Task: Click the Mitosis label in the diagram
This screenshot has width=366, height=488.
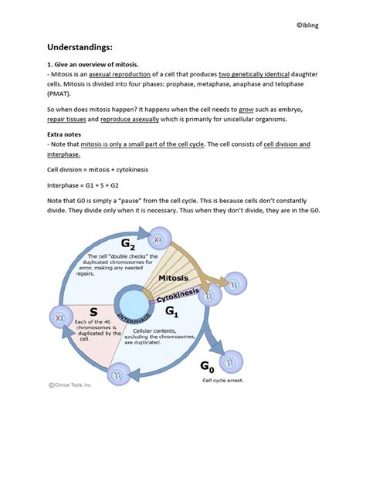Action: coord(178,277)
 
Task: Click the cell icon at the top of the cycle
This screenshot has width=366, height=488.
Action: coord(160,238)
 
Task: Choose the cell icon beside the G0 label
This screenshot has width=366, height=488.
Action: coord(229,360)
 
